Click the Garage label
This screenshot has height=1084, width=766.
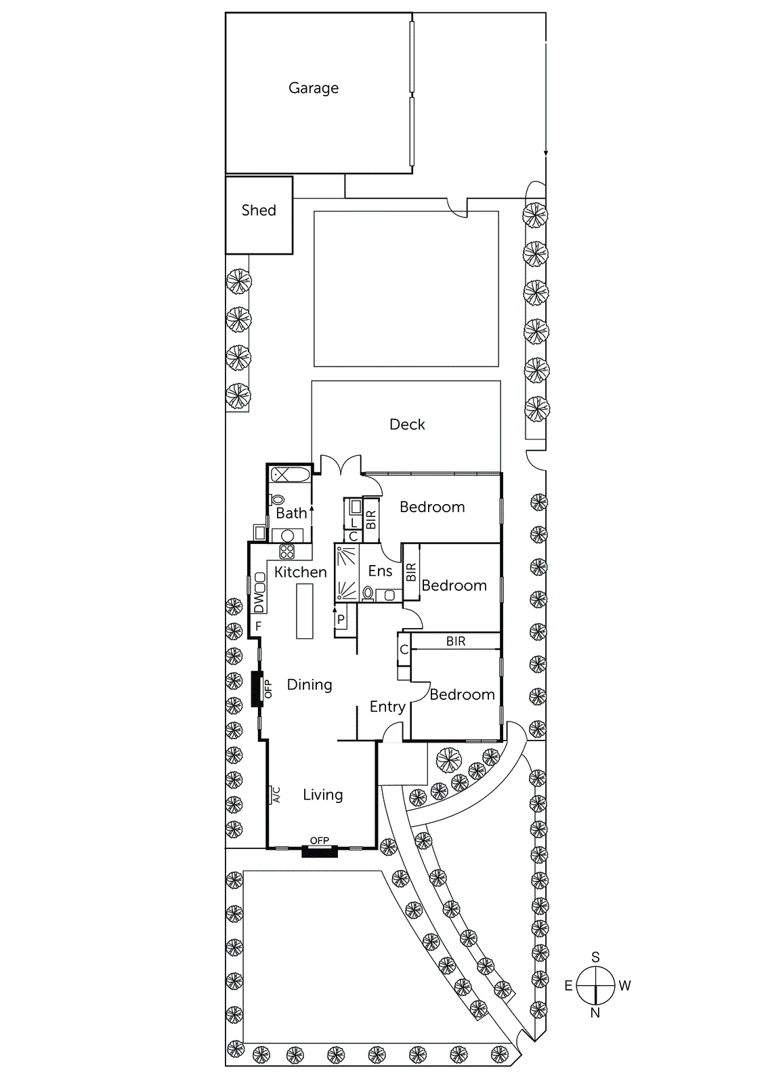[313, 88]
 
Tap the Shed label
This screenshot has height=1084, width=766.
[259, 210]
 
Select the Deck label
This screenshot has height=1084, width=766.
[407, 425]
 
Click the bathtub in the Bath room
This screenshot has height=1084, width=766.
[290, 475]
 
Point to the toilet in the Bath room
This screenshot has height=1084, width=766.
[278, 501]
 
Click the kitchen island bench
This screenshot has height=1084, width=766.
[305, 610]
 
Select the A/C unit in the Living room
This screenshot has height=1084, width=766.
[276, 795]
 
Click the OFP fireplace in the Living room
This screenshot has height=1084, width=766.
[319, 851]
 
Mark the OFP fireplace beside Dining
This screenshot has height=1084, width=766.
[257, 689]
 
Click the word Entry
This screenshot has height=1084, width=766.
[387, 707]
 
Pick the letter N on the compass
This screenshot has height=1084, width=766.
[595, 1013]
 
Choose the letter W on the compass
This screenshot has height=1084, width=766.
[624, 986]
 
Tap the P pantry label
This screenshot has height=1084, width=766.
[341, 619]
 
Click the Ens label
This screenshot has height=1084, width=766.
[380, 571]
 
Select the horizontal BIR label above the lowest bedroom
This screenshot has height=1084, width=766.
[456, 641]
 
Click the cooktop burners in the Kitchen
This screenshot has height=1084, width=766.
[287, 551]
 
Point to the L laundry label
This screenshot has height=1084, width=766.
[353, 523]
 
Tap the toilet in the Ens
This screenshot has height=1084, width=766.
[368, 594]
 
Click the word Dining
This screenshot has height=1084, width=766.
[310, 685]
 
